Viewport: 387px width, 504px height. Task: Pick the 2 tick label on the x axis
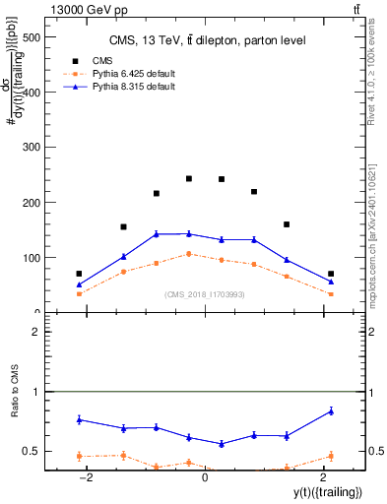coord(322,478)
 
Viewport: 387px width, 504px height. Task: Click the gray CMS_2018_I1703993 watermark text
coord(204,294)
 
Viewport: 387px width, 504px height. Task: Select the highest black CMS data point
coord(189,178)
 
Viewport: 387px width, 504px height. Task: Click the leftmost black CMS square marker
coord(79,274)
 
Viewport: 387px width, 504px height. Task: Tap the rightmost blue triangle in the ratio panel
coord(331,410)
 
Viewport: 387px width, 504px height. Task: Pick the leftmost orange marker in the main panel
coord(79,293)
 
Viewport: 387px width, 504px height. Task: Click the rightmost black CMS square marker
coord(331,274)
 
